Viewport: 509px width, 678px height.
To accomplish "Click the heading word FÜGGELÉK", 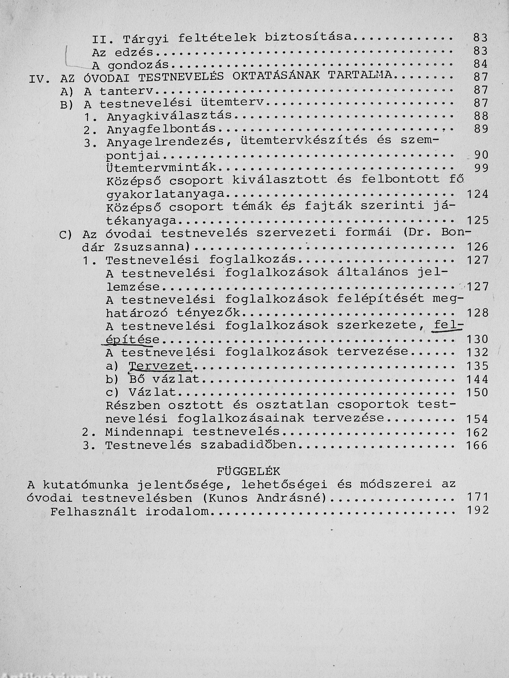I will click(x=249, y=471).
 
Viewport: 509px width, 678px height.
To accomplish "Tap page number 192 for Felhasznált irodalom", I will click(x=477, y=510).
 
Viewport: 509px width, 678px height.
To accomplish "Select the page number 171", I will click(x=477, y=497).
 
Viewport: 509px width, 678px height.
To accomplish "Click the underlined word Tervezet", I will click(x=160, y=366).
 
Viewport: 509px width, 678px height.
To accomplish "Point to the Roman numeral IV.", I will click(x=39, y=79).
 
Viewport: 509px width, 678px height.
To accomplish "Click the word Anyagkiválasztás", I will click(x=169, y=116).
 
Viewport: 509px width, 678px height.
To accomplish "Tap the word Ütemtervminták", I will click(x=162, y=167).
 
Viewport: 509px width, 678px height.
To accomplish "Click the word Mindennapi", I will click(x=144, y=432).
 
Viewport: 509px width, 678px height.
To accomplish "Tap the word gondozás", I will click(x=138, y=65).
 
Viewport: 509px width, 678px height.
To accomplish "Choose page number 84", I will click(x=480, y=64).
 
